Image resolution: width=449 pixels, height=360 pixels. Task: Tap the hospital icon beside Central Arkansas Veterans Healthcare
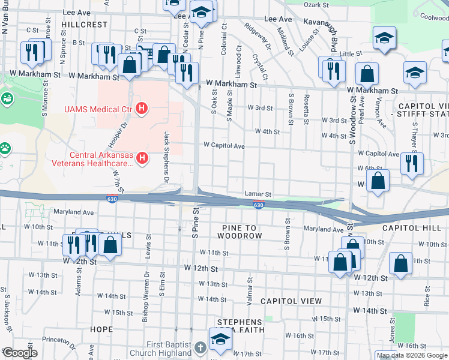[142, 158]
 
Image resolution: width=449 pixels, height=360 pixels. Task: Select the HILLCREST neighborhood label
[84, 25]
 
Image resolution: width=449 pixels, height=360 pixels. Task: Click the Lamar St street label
[258, 194]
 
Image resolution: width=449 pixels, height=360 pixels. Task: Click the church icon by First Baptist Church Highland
[200, 348]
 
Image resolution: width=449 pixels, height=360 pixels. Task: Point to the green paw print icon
[5, 147]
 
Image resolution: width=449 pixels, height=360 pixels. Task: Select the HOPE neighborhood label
[101, 329]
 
